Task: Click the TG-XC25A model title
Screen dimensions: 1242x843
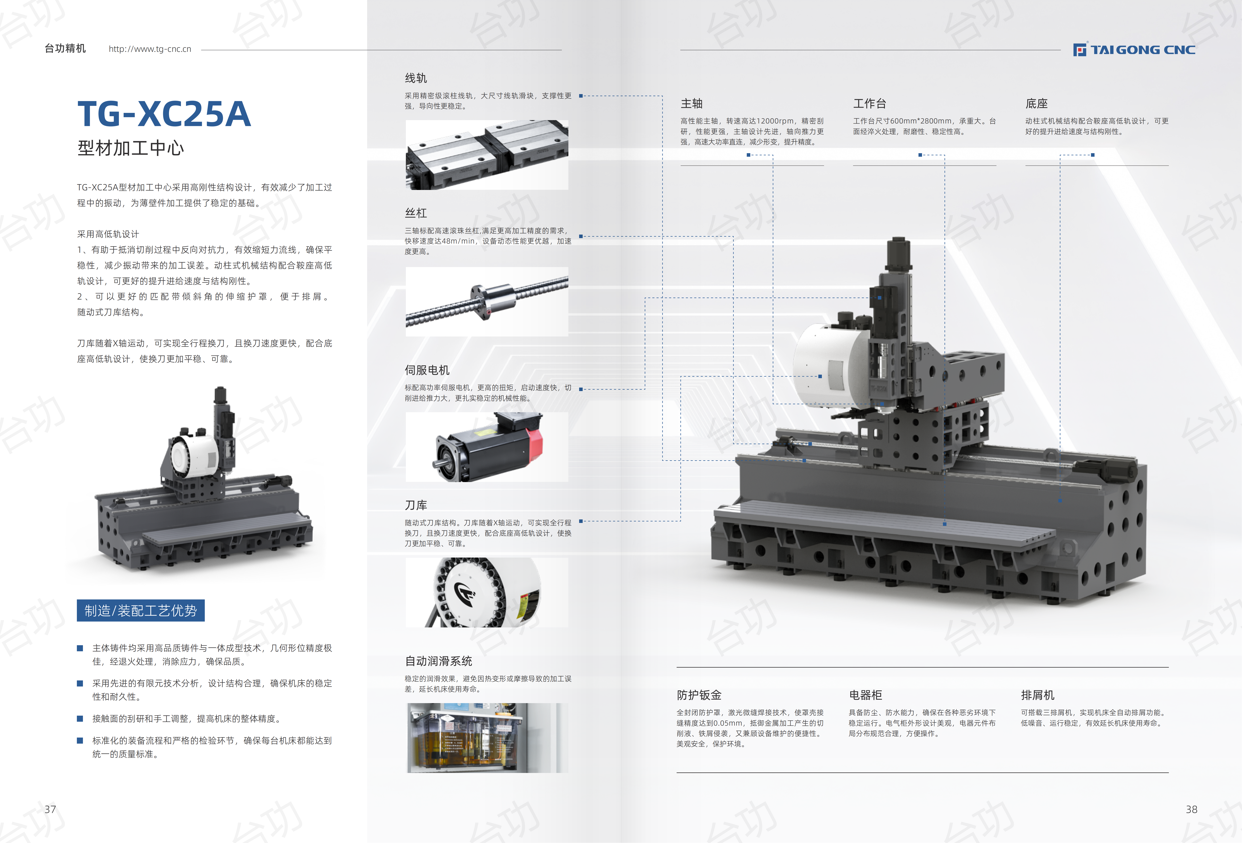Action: click(164, 114)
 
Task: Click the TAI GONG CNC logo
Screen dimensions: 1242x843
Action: click(1134, 50)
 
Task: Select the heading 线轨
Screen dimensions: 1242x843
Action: click(416, 78)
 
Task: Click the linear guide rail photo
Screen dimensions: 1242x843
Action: click(487, 155)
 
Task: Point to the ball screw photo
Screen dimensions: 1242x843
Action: click(487, 301)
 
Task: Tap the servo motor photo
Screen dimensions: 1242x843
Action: click(487, 447)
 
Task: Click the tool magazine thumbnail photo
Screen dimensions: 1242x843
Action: click(487, 592)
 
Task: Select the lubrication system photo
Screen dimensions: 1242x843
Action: click(487, 738)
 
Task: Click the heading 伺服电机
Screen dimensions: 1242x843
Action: click(427, 370)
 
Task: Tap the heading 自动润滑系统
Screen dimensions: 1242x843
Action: click(438, 661)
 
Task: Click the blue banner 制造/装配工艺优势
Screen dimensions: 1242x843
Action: click(141, 610)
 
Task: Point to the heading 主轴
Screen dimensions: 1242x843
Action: click(692, 103)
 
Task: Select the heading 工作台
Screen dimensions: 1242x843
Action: click(870, 103)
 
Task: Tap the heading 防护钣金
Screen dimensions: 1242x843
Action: click(699, 695)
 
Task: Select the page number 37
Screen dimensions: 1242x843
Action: click(50, 809)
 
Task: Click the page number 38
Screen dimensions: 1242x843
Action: click(1191, 809)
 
